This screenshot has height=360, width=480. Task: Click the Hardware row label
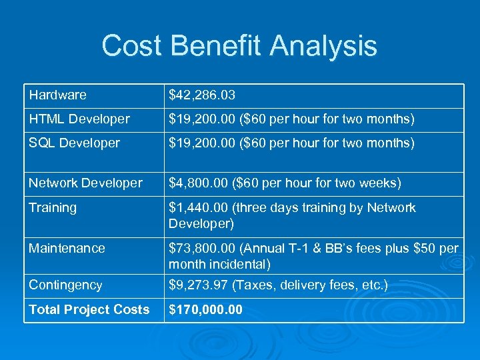tap(57, 95)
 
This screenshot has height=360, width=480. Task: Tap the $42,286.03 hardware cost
tap(201, 95)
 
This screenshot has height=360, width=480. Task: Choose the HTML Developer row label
tap(79, 119)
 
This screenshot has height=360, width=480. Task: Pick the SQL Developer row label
tap(74, 143)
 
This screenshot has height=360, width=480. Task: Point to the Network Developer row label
tap(85, 183)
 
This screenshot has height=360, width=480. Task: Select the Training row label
tap(53, 208)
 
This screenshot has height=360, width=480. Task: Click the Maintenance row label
tap(67, 248)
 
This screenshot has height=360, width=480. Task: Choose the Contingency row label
tap(65, 285)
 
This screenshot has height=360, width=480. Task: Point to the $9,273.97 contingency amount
tap(197, 285)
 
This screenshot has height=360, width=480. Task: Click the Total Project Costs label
tap(89, 310)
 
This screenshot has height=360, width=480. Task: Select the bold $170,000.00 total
tap(206, 310)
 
